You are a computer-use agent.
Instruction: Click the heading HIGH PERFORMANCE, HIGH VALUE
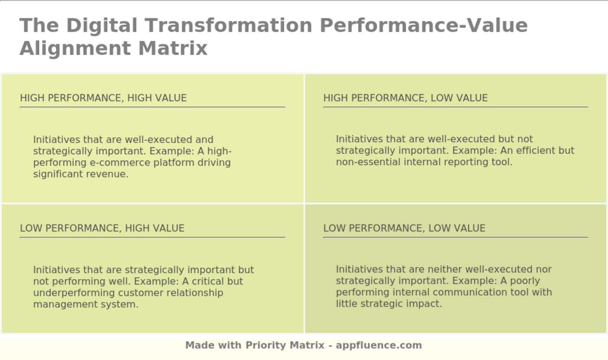(x=103, y=98)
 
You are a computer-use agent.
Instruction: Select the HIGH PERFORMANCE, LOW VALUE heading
(x=405, y=98)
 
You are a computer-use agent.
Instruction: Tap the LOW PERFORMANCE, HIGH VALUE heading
(x=102, y=228)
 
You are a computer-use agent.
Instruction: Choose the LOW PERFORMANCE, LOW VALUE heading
(x=404, y=228)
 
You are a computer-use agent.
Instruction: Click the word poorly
(x=524, y=281)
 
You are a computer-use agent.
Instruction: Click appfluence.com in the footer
(x=379, y=346)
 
